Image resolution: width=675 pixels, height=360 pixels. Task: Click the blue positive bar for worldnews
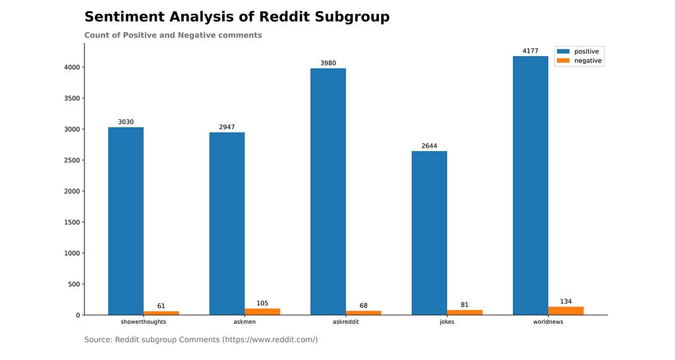(530, 185)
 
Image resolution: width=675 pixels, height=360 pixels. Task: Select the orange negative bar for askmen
(262, 312)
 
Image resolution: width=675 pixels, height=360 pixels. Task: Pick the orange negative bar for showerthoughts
(161, 313)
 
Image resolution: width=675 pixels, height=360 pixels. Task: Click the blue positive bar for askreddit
(328, 191)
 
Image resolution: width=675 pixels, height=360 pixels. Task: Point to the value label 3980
(328, 63)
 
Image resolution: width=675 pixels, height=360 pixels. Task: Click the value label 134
(566, 302)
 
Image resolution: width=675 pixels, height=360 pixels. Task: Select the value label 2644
(429, 146)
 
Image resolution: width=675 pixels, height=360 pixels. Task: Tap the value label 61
(161, 306)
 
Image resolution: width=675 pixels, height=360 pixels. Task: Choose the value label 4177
(530, 51)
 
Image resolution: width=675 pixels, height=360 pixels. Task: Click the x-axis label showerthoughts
(143, 322)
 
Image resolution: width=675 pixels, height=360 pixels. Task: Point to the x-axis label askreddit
(345, 322)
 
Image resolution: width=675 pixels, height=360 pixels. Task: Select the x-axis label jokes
(447, 322)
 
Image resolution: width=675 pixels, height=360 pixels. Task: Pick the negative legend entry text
(588, 61)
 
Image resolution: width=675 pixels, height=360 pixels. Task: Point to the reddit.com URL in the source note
(270, 340)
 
